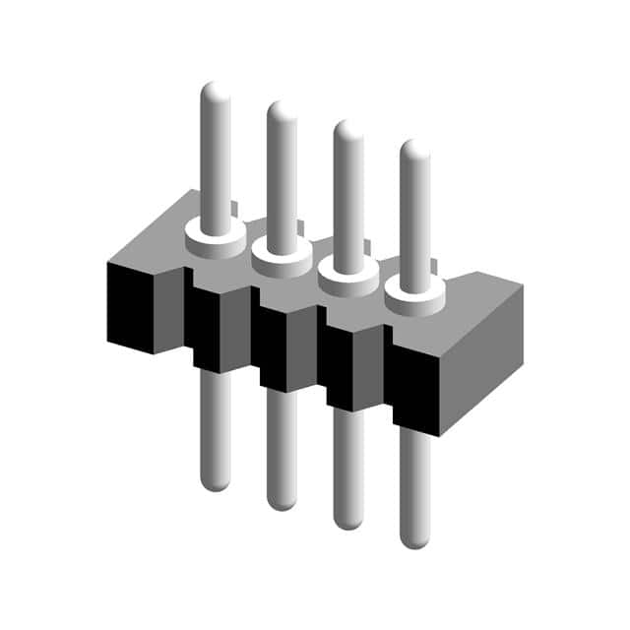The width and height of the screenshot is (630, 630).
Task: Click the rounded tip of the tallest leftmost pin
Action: (216, 92)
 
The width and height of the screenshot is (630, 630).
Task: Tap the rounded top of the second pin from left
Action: (282, 110)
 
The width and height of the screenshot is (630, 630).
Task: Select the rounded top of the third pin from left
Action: (348, 130)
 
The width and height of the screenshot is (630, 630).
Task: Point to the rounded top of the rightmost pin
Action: (414, 150)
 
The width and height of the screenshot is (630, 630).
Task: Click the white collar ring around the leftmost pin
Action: (216, 239)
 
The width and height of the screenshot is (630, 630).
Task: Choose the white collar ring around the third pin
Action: (348, 280)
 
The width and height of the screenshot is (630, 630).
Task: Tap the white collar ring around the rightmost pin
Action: (414, 299)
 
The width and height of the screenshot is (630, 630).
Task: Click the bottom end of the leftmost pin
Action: (216, 482)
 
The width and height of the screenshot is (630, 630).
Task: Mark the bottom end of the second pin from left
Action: (282, 501)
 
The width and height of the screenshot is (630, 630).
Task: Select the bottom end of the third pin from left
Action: (348, 521)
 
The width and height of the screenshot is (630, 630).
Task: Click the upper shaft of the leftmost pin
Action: (216, 157)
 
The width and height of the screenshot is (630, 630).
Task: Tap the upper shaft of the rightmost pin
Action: (414, 217)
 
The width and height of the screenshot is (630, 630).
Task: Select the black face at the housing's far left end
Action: (130, 305)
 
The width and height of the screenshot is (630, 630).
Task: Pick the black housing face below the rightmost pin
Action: (413, 384)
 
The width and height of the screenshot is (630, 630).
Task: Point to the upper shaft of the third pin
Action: (348, 197)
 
